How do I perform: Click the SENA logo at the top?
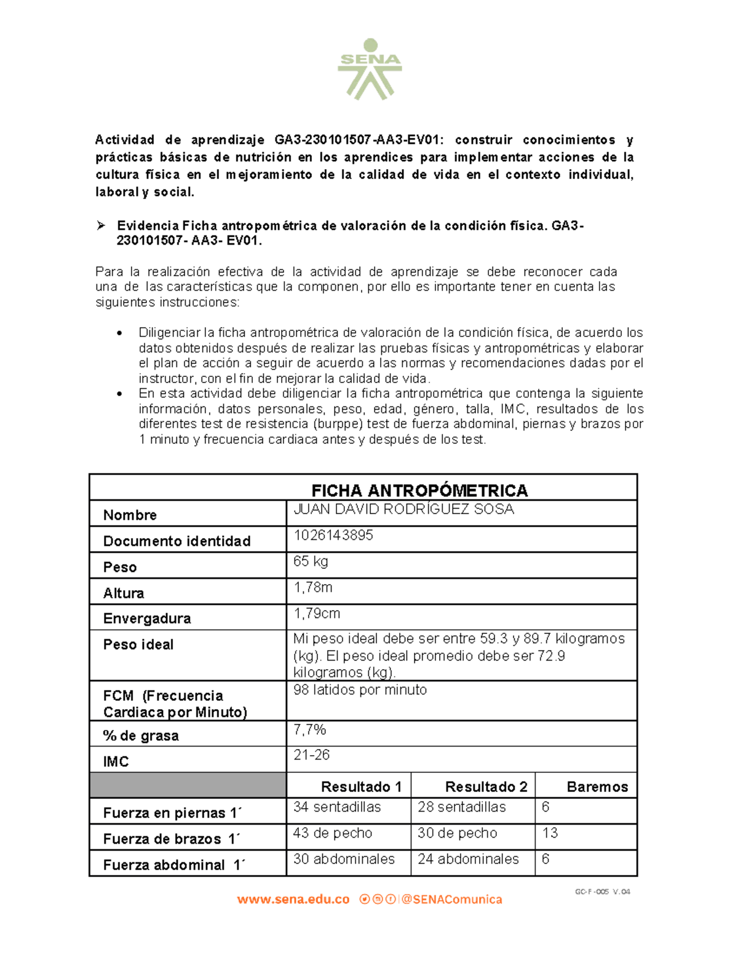click(370, 69)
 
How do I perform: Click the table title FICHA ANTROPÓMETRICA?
click(419, 490)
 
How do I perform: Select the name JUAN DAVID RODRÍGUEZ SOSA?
click(403, 509)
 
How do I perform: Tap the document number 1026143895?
click(333, 535)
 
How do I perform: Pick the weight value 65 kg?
click(311, 561)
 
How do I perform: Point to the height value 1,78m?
click(313, 587)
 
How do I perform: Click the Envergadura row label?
click(147, 619)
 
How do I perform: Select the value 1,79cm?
click(317, 613)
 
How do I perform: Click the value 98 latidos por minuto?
click(360, 690)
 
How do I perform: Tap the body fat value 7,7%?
click(309, 730)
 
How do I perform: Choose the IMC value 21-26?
click(311, 755)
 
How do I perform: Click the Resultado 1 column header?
click(361, 787)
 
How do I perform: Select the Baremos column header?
click(597, 787)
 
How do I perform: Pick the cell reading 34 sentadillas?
click(337, 807)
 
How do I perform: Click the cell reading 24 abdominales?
click(468, 859)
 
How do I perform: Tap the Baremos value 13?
click(550, 833)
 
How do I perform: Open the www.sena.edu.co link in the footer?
click(293, 899)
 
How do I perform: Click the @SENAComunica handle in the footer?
click(451, 899)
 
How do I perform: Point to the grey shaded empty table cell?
click(188, 785)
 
